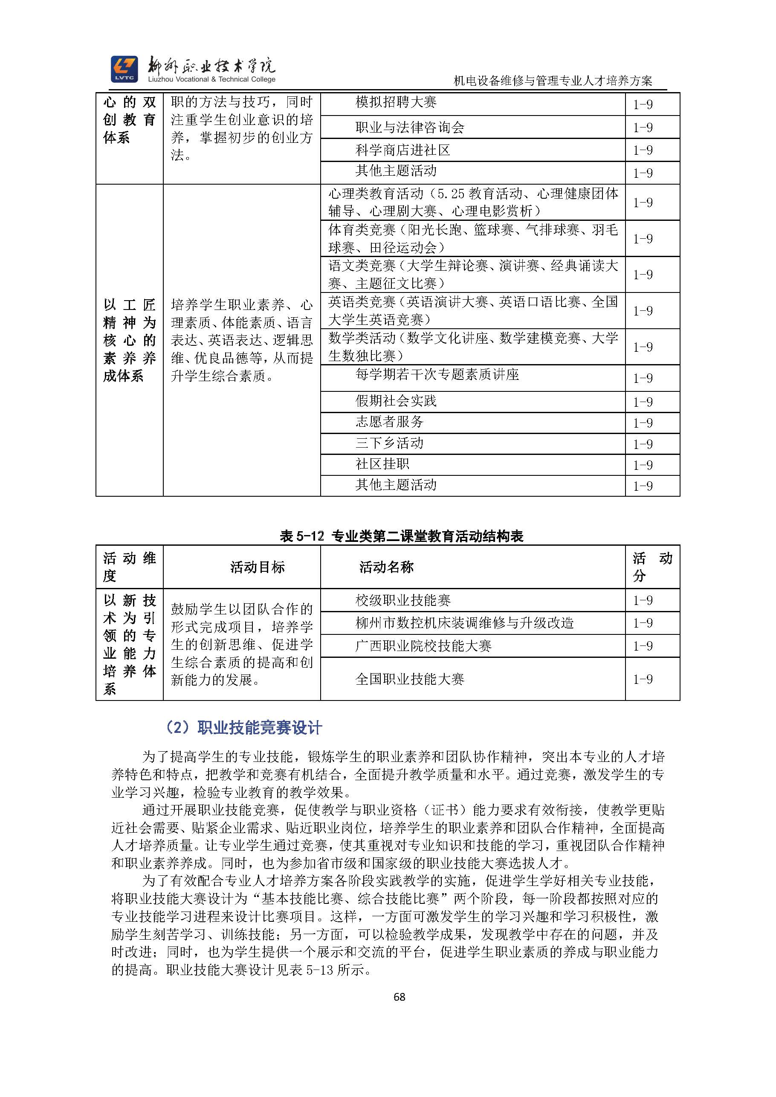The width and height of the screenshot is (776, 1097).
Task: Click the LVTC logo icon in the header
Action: tap(124, 69)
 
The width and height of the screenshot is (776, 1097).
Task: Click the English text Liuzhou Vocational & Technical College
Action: tap(211, 80)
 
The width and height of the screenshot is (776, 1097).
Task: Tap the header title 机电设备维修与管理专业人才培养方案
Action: tap(553, 81)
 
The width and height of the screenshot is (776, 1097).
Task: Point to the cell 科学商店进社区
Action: tap(402, 150)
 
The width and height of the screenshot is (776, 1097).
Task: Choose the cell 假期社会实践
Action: tap(396, 401)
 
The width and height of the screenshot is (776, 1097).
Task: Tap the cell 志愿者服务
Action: tap(389, 422)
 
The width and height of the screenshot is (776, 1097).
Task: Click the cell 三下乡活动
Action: tap(389, 443)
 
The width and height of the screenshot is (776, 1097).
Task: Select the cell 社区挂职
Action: tap(382, 464)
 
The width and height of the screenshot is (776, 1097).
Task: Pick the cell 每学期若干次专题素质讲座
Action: tap(437, 375)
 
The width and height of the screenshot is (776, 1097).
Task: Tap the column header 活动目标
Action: tap(257, 567)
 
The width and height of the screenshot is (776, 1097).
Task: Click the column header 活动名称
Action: tap(386, 567)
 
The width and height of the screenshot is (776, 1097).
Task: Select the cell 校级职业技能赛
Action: tap(403, 600)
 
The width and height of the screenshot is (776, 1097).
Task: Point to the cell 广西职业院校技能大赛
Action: tap(423, 646)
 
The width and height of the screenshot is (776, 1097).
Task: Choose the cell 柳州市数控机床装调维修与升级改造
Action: tap(464, 623)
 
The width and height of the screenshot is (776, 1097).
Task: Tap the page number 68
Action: tap(399, 997)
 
